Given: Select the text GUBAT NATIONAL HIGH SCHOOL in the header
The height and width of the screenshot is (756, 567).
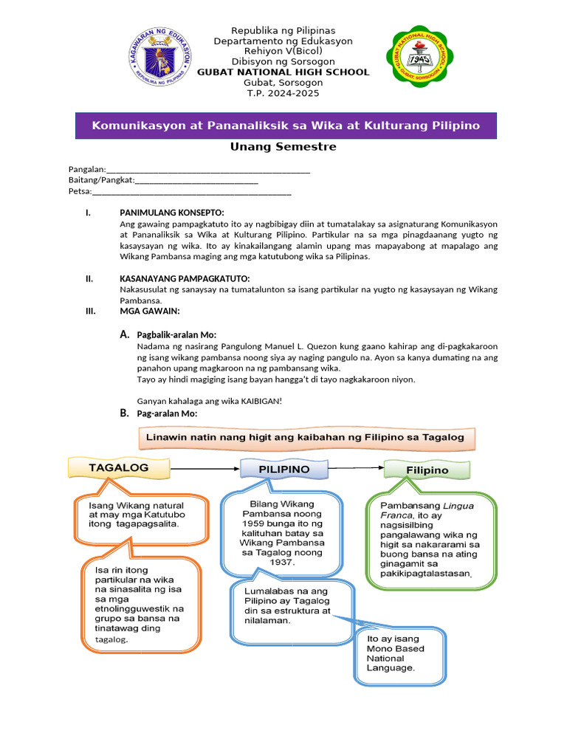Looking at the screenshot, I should (283, 72).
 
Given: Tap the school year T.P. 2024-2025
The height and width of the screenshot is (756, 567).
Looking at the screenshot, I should (283, 93).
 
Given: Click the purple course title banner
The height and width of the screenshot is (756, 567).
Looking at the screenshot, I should (286, 126).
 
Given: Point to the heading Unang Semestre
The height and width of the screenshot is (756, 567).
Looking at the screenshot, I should (283, 146).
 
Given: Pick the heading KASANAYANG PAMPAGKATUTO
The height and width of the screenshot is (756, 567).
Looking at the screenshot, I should (185, 278).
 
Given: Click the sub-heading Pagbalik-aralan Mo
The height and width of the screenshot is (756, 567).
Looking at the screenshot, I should (176, 335).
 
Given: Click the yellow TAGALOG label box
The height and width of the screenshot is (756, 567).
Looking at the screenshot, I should (119, 468).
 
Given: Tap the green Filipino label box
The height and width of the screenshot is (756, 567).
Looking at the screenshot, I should (427, 470).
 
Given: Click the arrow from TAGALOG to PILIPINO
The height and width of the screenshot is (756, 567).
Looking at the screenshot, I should (205, 468).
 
